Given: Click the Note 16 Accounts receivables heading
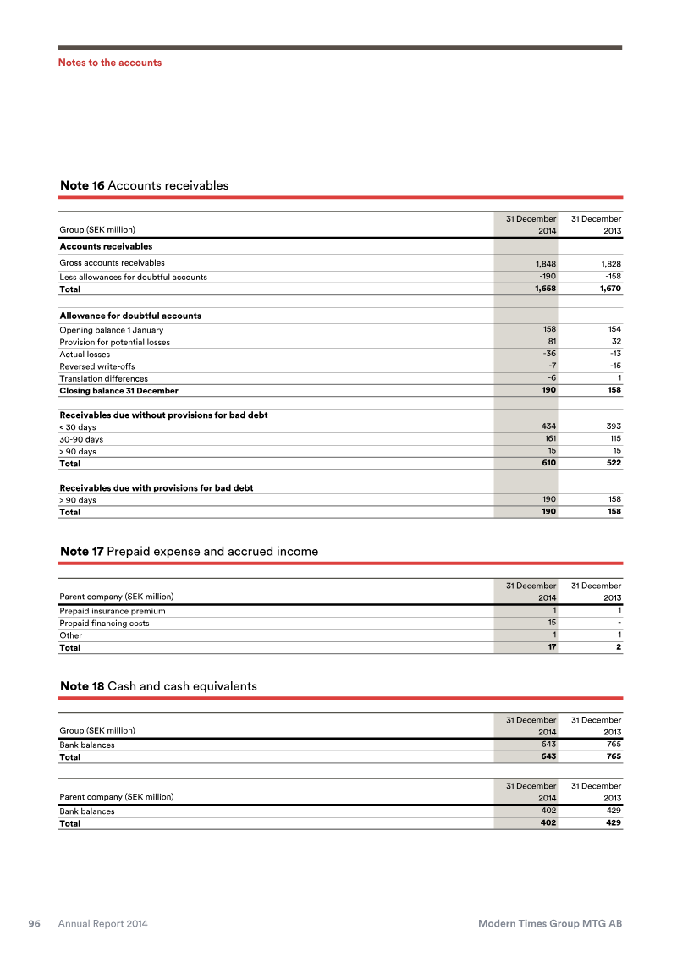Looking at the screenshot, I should pos(144,185).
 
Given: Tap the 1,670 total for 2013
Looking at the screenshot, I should pos(608,289).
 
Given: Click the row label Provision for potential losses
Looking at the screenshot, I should pos(114,343).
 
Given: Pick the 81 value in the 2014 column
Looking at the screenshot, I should pos(550,342).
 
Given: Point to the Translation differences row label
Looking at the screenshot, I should pos(103,379).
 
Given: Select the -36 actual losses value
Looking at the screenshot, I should pos(548,354).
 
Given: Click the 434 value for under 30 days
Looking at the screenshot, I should pos(547,426).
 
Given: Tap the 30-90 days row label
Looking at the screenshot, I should pos(81,439).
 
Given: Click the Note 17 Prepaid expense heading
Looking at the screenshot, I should pos(189,552).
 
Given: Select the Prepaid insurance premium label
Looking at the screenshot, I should pos(113,611).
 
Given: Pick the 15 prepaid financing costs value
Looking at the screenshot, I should pos(550,623).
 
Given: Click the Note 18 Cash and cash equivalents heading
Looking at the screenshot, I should pos(158,686).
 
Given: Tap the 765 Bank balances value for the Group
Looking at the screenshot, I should pos(613,745).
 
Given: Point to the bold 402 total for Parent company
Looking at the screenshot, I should pos(547,822).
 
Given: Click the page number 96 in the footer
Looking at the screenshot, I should pos(36,924).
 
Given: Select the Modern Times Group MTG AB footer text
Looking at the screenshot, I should pos(550,924).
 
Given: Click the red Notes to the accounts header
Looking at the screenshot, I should pos(109,63).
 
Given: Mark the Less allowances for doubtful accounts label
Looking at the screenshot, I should pos(133,278).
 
